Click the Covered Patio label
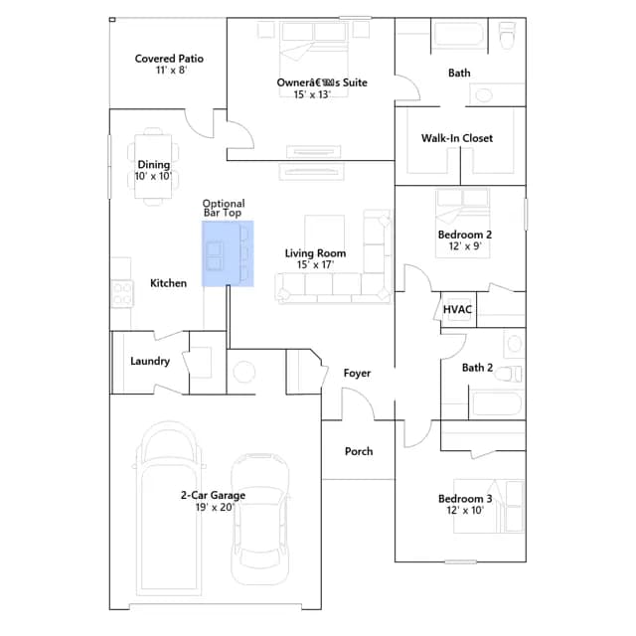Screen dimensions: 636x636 pyautogui.click(x=169, y=59)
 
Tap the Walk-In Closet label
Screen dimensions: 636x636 pyautogui.click(x=457, y=138)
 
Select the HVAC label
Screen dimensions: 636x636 pyautogui.click(x=457, y=309)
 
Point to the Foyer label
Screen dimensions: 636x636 pyautogui.click(x=357, y=374)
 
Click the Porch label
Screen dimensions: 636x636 pyautogui.click(x=359, y=451)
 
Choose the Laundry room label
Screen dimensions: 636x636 pyautogui.click(x=150, y=362)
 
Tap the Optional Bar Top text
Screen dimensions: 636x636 pyautogui.click(x=224, y=208)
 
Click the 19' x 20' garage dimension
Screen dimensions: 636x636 pyautogui.click(x=215, y=508)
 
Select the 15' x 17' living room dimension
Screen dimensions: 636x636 pyautogui.click(x=315, y=265)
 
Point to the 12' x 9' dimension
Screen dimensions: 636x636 pyautogui.click(x=465, y=246)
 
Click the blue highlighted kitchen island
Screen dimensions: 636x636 pyautogui.click(x=228, y=253)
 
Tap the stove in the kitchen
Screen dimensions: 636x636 pyautogui.click(x=121, y=293)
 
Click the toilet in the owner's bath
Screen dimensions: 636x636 pyautogui.click(x=507, y=36)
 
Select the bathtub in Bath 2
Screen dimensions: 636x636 pyautogui.click(x=497, y=403)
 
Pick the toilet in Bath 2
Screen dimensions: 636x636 pyautogui.click(x=508, y=374)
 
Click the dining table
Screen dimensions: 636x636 pyautogui.click(x=153, y=166)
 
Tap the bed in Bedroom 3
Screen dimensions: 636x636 pyautogui.click(x=489, y=506)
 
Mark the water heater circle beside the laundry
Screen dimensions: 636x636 pyautogui.click(x=244, y=372)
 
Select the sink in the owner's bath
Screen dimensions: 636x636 pyautogui.click(x=484, y=95)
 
